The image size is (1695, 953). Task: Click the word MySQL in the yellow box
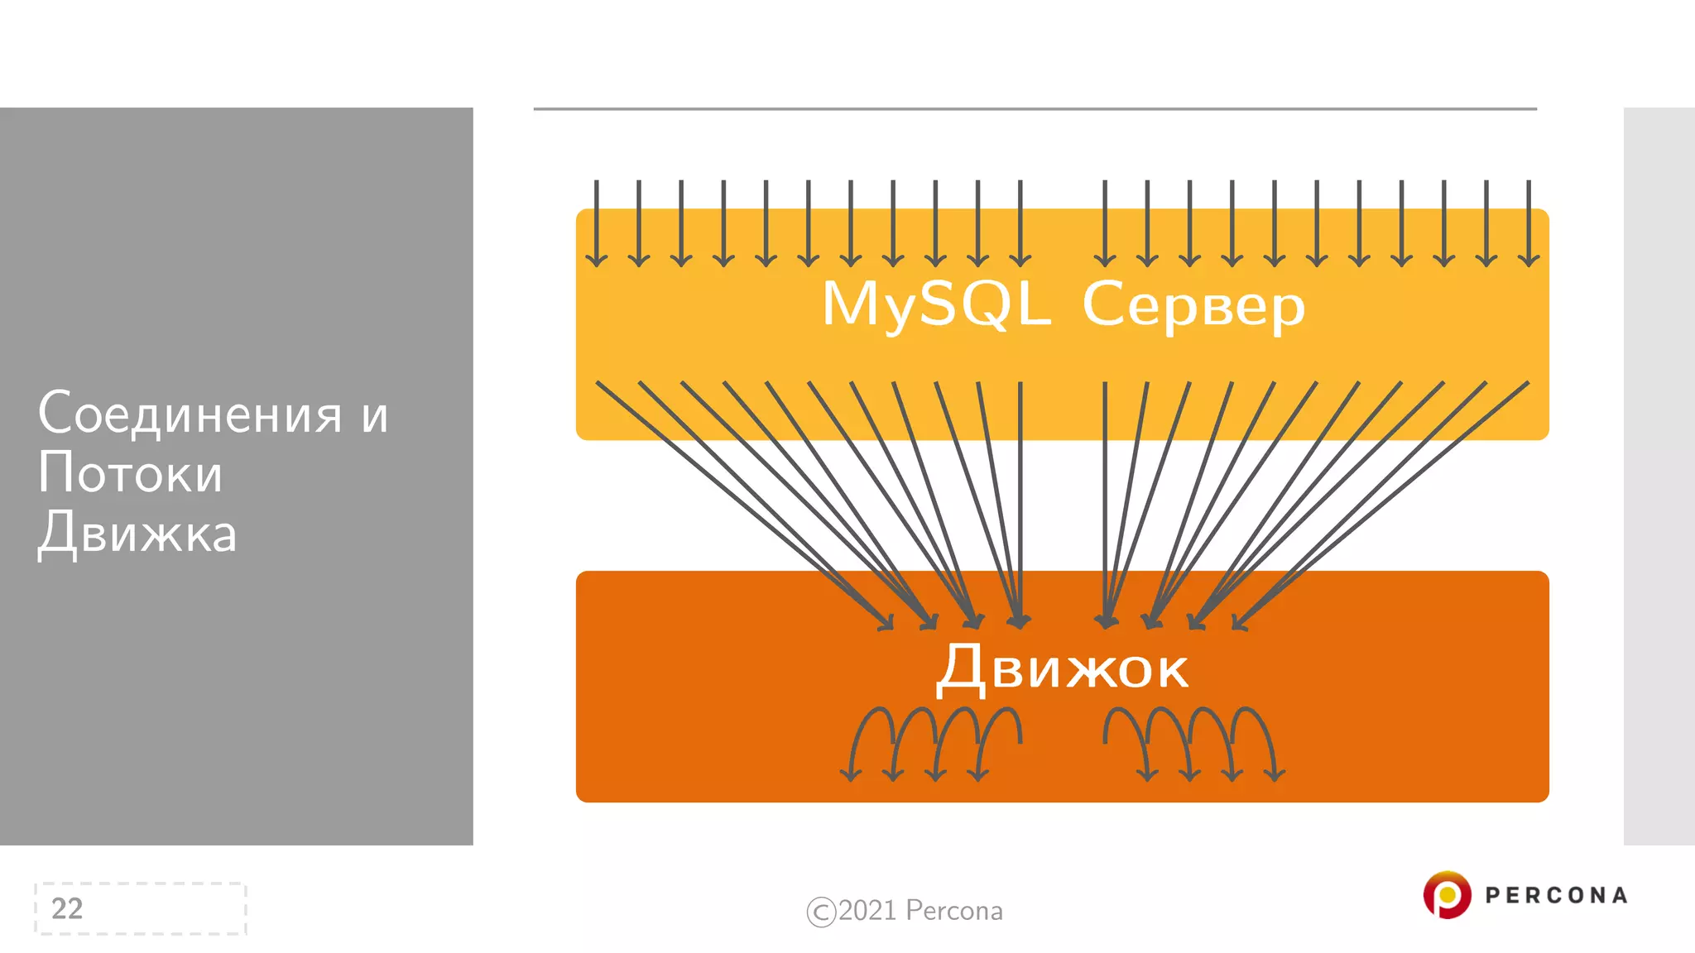[935, 304]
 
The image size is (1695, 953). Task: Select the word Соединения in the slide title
[190, 414]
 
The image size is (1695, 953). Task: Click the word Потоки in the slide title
[130, 473]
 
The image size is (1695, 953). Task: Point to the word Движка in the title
[137, 534]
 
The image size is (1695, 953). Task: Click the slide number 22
[67, 908]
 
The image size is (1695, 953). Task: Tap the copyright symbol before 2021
[821, 912]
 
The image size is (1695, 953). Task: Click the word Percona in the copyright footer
[954, 910]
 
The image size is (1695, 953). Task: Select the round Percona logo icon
[1447, 894]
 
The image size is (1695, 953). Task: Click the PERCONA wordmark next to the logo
[1556, 895]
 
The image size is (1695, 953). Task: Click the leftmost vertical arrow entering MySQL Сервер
[597, 223]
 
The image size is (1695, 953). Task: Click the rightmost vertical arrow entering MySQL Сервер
[1529, 223]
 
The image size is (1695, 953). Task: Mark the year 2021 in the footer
[867, 910]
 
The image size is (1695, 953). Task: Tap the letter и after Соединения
[375, 415]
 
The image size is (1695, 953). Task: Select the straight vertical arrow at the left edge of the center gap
[1020, 496]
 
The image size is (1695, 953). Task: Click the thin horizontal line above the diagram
[1035, 108]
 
